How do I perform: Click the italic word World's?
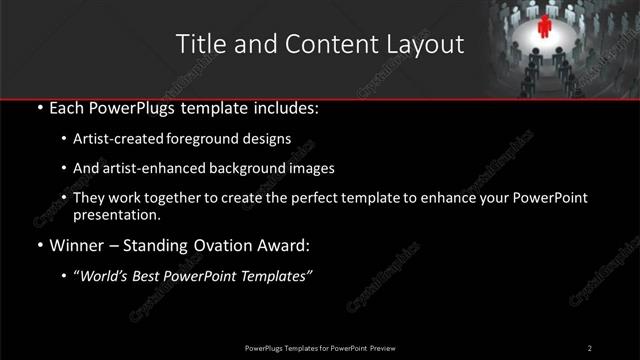103,276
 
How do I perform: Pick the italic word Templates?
279,276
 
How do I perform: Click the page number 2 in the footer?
590,347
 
